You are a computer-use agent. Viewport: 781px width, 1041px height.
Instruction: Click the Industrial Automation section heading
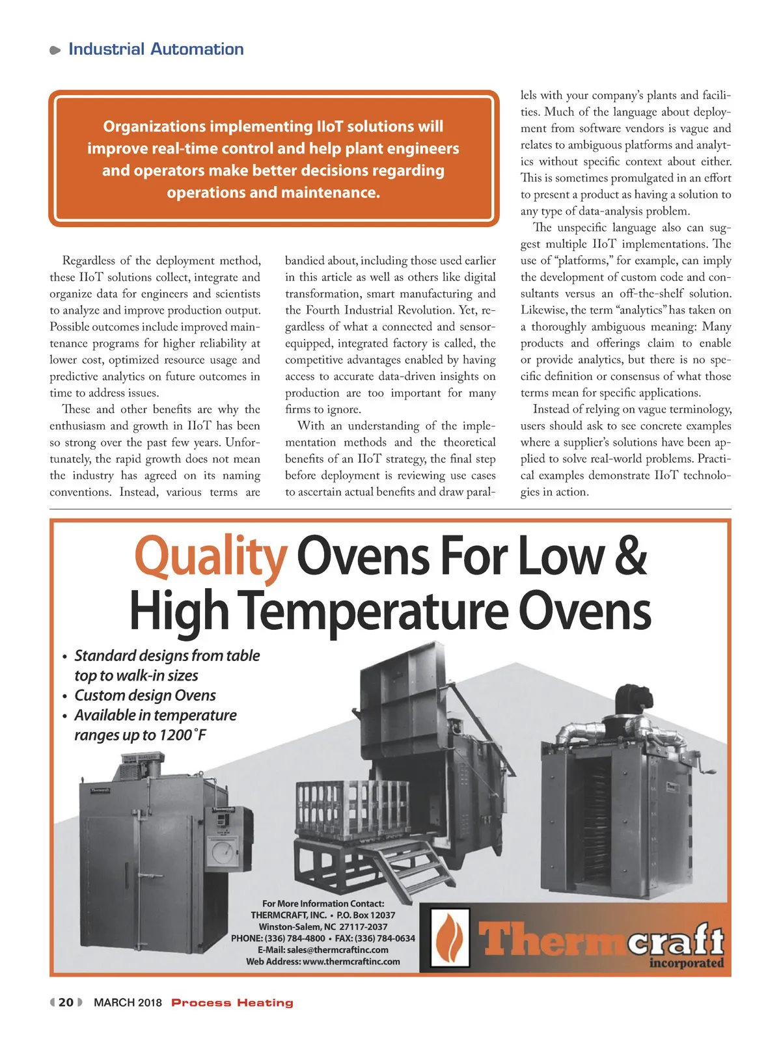click(x=156, y=49)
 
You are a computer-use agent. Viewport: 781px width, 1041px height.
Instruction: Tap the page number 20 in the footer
click(x=66, y=1002)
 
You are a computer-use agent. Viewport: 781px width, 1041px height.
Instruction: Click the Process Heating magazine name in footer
click(x=232, y=1003)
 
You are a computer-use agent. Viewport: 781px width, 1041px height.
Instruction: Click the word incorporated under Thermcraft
click(x=686, y=963)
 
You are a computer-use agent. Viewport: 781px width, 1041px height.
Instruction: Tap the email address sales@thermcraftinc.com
click(x=337, y=950)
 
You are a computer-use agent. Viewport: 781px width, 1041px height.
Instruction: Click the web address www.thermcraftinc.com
click(x=351, y=962)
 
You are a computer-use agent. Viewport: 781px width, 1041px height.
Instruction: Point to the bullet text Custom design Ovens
click(x=145, y=696)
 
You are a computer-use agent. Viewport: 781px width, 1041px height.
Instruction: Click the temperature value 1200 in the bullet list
click(x=174, y=735)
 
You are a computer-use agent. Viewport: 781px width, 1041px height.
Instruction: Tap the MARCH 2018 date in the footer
click(x=128, y=1003)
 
